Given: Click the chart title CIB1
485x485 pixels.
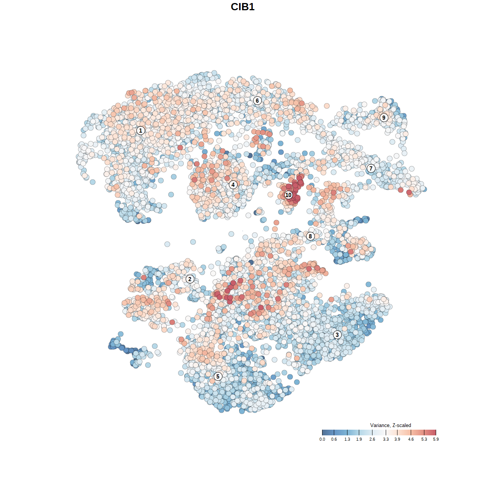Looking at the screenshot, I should point(242,7).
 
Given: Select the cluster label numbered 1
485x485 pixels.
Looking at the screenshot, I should point(141,131).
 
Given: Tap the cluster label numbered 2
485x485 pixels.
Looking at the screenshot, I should point(190,279).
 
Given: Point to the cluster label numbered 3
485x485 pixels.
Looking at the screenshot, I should point(337,335).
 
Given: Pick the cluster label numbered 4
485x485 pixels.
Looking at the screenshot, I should point(233,185).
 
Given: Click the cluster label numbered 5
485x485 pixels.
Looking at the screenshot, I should point(217,376).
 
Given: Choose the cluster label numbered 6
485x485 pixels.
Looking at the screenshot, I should point(257,100).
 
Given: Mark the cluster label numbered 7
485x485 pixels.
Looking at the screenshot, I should point(371,169).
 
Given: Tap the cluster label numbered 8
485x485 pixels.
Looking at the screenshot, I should point(310,236).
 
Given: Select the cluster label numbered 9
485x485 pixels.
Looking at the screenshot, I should point(384,117).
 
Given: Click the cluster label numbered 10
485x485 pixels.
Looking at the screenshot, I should point(288,195).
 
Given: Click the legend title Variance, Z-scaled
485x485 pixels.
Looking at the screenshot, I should point(390,425).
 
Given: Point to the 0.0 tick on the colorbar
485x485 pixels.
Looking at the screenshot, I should point(322,433).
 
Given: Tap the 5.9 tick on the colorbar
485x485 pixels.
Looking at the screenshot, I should point(436,433).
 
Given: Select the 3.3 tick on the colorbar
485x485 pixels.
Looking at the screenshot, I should point(386,433).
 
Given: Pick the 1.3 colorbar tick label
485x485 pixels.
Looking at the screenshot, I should point(347,440).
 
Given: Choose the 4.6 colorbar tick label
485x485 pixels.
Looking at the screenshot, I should point(411,440).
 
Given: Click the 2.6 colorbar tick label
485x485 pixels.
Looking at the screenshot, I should point(372,440).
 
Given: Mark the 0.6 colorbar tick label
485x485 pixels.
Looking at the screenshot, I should point(334,440).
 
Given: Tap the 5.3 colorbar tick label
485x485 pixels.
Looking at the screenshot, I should point(424,440).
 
